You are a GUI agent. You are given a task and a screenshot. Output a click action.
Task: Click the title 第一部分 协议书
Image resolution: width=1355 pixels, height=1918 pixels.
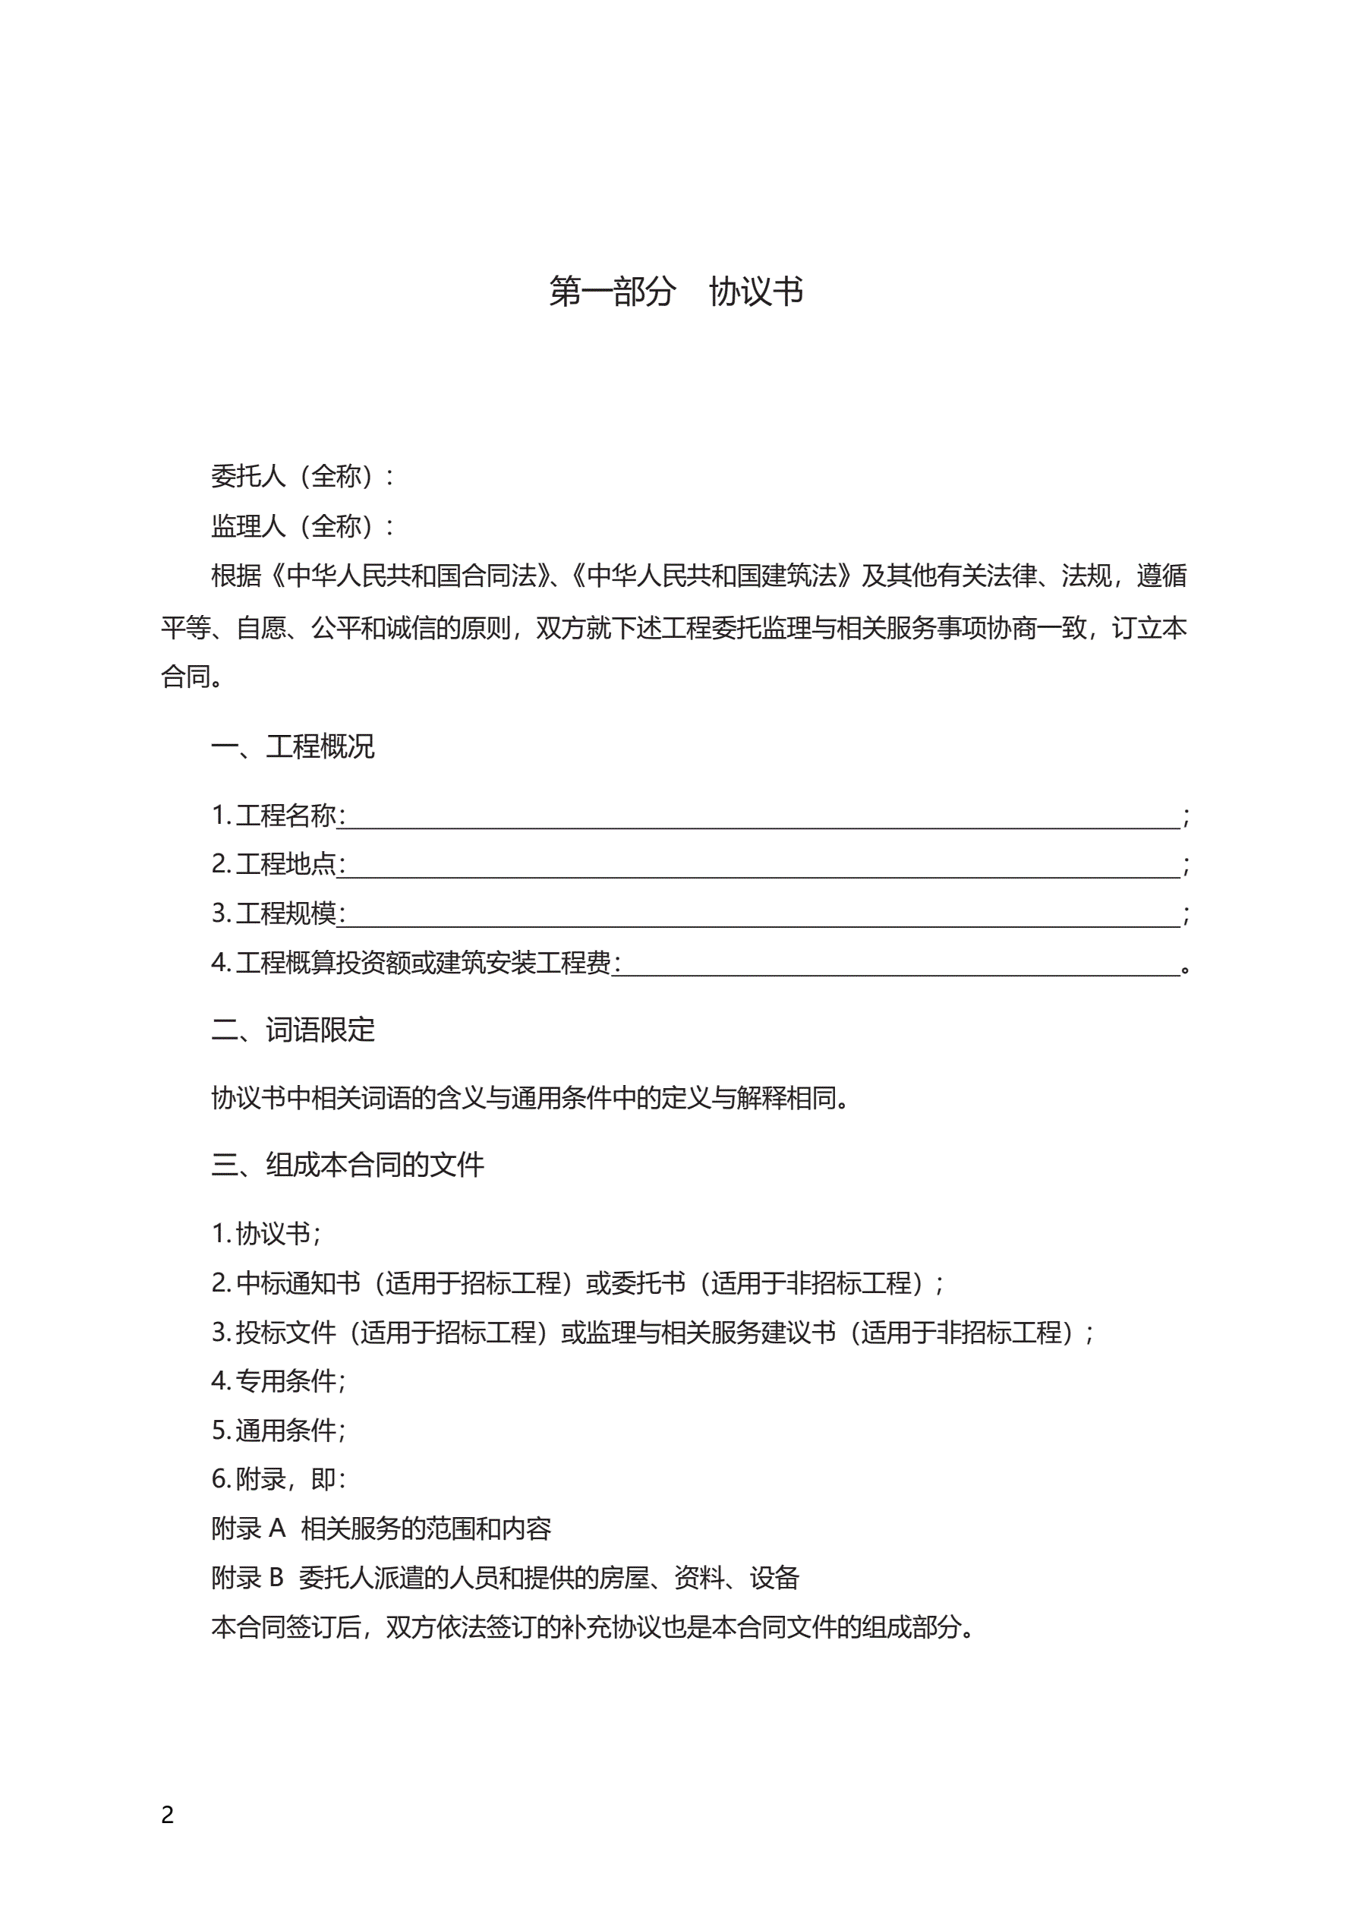click(x=676, y=292)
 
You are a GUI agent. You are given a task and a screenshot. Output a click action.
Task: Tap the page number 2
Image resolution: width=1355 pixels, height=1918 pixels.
click(x=167, y=1815)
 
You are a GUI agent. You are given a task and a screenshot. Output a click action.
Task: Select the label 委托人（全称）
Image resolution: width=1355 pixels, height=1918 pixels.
click(x=301, y=476)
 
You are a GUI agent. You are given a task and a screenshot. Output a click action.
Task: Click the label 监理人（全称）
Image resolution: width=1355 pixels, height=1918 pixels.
click(x=301, y=526)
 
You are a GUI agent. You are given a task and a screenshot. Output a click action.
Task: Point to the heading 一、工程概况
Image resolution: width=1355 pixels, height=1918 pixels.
click(x=292, y=746)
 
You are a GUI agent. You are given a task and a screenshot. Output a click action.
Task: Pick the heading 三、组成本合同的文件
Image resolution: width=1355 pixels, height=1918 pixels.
click(x=348, y=1165)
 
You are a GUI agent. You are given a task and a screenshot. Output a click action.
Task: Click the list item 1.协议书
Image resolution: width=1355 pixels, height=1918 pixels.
click(x=266, y=1233)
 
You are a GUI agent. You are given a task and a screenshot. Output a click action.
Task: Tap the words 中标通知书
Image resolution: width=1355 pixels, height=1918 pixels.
click(x=298, y=1282)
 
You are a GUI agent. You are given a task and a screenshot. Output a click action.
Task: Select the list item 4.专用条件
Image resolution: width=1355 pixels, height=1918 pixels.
click(x=278, y=1381)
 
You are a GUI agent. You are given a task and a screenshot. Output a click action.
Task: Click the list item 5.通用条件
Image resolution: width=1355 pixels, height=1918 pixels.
click(x=278, y=1430)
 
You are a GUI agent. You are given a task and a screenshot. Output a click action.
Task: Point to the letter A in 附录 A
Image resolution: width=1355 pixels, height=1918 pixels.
click(x=277, y=1528)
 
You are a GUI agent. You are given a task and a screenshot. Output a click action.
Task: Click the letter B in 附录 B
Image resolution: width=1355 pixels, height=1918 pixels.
click(x=276, y=1578)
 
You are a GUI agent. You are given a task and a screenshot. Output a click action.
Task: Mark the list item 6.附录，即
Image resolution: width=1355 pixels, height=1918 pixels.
click(x=278, y=1479)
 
